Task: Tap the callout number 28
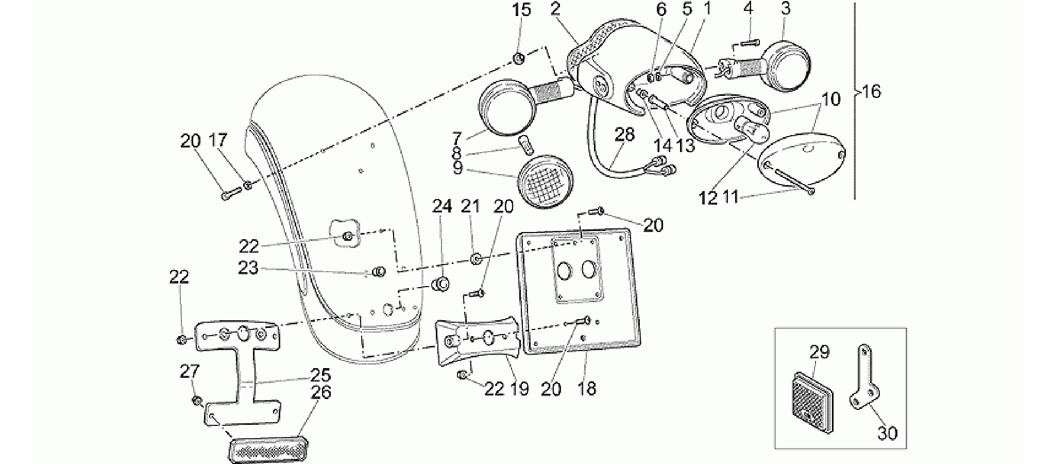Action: [x=624, y=135]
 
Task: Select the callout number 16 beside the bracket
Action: [x=871, y=92]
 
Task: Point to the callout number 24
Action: [x=441, y=206]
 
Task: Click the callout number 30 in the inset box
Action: [x=887, y=434]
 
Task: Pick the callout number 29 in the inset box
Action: [x=820, y=352]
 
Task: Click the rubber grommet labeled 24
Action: [x=440, y=284]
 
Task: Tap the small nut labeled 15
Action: [x=519, y=58]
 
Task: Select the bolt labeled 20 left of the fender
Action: [x=231, y=194]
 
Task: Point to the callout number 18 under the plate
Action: [x=587, y=388]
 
